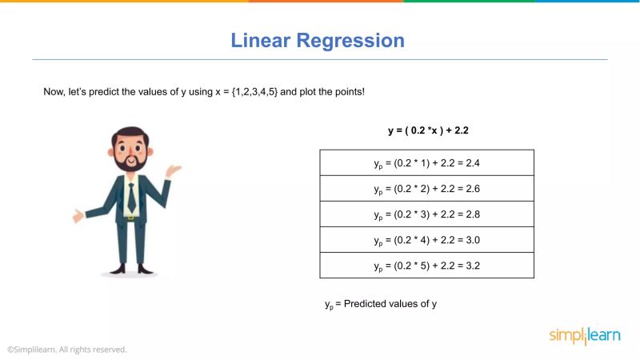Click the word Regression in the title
[351, 41]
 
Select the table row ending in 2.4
[426, 163]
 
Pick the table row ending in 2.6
[426, 189]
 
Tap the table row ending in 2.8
[426, 214]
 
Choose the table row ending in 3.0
[426, 240]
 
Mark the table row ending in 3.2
[426, 266]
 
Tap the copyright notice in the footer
[67, 350]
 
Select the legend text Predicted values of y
[390, 304]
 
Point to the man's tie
[131, 197]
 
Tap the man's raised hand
[173, 170]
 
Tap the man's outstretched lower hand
[78, 216]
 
